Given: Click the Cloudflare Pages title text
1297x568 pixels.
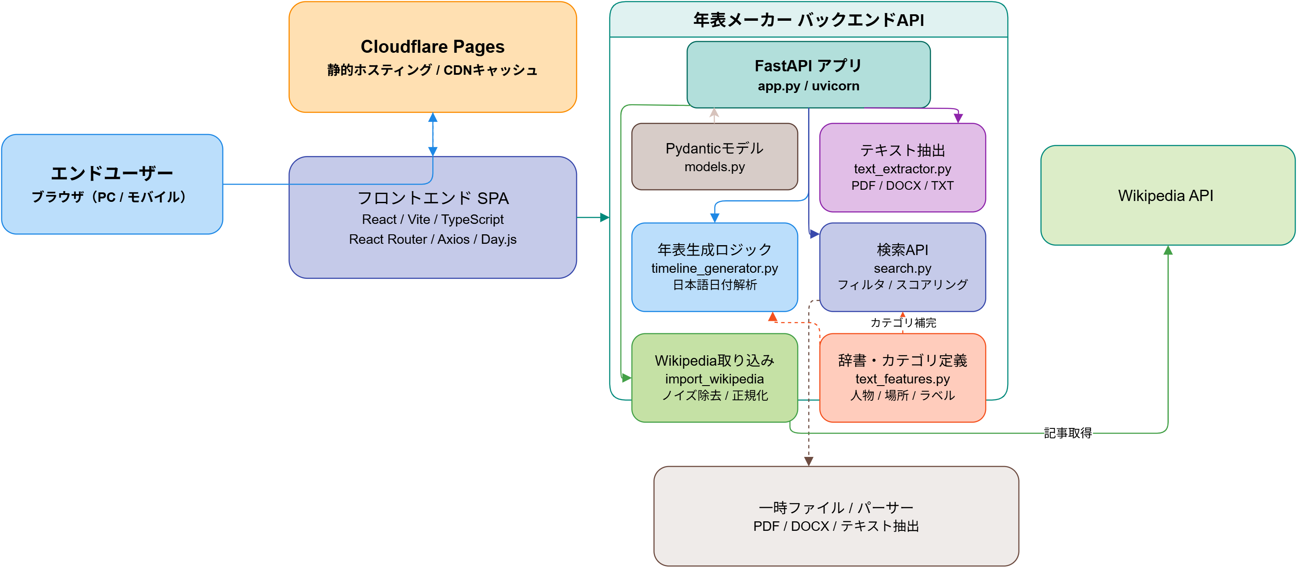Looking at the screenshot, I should [432, 47].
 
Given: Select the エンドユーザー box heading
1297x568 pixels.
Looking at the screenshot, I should [112, 173].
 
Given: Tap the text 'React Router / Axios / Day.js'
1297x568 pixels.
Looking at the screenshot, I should [432, 239].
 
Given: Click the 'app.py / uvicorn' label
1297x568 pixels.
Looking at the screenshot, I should [808, 86].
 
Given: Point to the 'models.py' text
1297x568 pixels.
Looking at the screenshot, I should [714, 167].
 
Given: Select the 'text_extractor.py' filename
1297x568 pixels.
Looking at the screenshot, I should [902, 169].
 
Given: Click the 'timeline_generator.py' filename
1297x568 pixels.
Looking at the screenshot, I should [714, 268].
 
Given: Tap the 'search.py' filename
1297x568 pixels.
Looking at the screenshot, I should [902, 268].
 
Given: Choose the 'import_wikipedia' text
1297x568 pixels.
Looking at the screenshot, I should [714, 379].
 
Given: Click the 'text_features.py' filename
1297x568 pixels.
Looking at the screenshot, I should [902, 379].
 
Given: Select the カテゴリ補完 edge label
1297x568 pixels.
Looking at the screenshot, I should [903, 322].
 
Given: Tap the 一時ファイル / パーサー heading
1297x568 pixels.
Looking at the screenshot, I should [836, 507].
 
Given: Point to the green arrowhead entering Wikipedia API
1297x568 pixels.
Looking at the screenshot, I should [1167, 250].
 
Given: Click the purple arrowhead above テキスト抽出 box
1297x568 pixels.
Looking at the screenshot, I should [958, 118].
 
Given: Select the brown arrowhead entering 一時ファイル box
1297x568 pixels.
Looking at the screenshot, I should [809, 461].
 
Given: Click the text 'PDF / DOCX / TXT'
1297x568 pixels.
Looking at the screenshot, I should [902, 186].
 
